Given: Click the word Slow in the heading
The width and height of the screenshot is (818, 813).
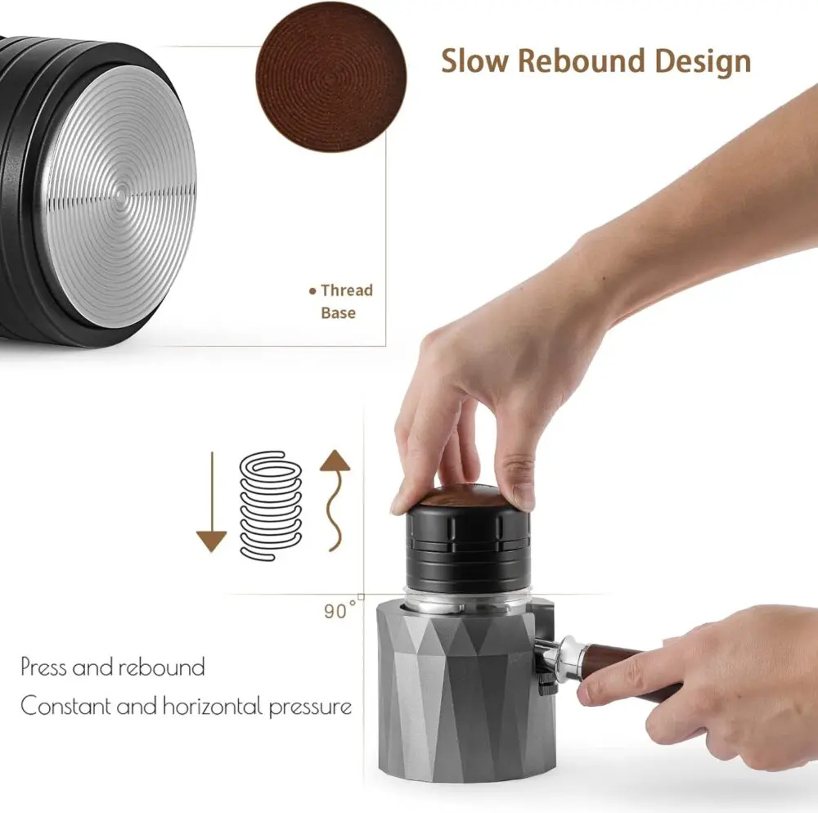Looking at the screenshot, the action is (x=474, y=61).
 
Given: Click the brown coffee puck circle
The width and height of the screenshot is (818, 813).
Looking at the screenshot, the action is (x=330, y=77).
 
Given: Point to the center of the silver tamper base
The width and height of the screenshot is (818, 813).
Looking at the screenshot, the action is (x=120, y=195).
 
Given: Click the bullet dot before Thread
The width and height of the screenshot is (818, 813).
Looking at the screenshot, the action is (x=312, y=291).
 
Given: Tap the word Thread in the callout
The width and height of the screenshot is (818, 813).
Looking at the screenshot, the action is (x=347, y=290).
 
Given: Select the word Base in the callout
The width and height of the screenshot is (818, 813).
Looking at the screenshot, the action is (x=339, y=313).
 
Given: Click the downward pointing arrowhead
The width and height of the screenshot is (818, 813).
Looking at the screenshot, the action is (x=211, y=541).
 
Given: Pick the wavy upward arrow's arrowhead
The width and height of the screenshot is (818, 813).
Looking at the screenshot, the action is (x=335, y=460).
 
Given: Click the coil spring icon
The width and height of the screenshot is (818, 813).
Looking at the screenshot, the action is (x=270, y=505).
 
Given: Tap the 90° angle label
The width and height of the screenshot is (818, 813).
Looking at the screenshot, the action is (x=339, y=610).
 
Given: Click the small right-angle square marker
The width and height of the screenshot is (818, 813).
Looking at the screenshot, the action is (x=361, y=596).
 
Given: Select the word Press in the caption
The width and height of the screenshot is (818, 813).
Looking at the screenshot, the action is (x=43, y=667).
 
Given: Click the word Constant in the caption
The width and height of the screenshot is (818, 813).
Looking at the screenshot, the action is (x=66, y=706).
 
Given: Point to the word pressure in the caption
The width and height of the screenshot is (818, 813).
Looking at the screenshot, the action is (x=310, y=708).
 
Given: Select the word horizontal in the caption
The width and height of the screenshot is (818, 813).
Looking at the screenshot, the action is (x=213, y=706).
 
